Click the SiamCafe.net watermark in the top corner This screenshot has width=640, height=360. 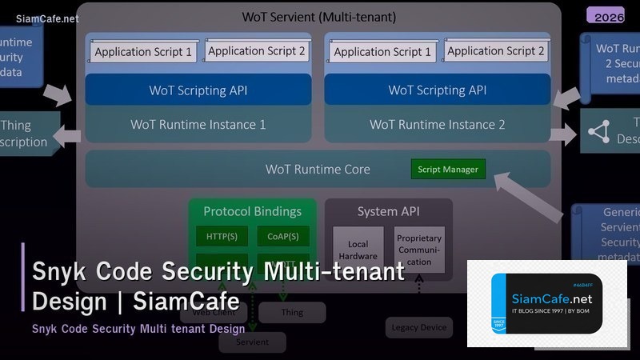tap(47, 18)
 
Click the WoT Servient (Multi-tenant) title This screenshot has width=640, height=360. tap(318, 17)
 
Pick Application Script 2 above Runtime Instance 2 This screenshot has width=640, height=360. tap(496, 51)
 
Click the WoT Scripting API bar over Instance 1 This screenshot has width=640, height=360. tap(198, 90)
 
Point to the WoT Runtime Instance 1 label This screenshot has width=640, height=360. tap(198, 125)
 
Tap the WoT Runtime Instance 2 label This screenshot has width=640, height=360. tap(437, 125)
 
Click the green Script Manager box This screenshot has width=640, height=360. tap(448, 170)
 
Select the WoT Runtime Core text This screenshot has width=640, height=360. tap(318, 170)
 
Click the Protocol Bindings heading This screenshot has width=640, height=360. tap(252, 212)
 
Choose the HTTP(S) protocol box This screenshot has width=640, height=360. tap(222, 236)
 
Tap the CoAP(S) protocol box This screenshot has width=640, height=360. tap(282, 236)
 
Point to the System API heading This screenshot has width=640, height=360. tap(388, 212)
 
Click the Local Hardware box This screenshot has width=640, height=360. tap(357, 250)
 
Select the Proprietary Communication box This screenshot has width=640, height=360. tap(418, 250)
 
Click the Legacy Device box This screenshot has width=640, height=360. tap(419, 327)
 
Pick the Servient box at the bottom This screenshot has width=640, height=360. tap(252, 342)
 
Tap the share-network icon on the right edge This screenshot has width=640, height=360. tap(599, 132)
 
